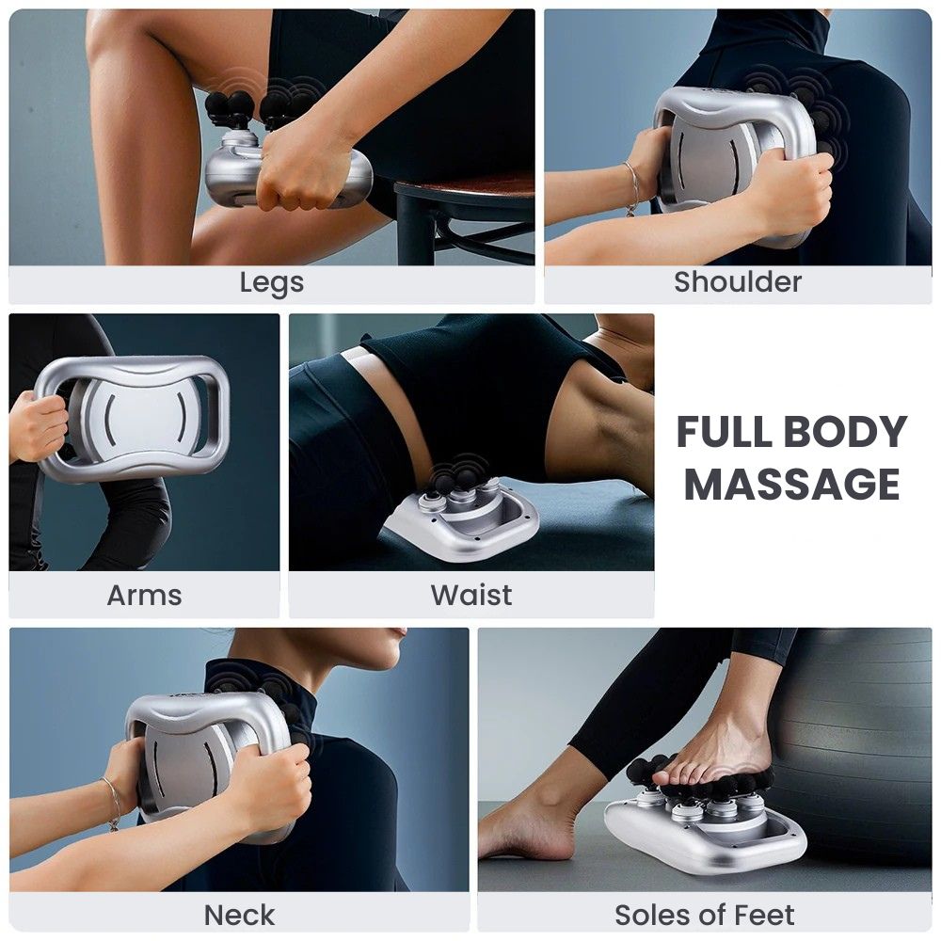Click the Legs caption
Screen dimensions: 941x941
pos(271,282)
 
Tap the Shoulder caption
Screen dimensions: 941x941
pos(738,281)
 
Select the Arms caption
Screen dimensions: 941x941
pos(144,596)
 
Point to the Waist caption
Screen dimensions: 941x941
pos(471,596)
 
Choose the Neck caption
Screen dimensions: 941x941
pos(239,916)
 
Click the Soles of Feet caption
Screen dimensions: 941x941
pos(705,916)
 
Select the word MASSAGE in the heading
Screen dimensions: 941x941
pos(792,484)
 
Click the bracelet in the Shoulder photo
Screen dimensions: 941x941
pos(630,187)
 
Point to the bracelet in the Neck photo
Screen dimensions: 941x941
pos(112,805)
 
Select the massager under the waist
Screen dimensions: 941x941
pos(462,516)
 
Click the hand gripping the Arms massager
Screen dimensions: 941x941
pos(38,426)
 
